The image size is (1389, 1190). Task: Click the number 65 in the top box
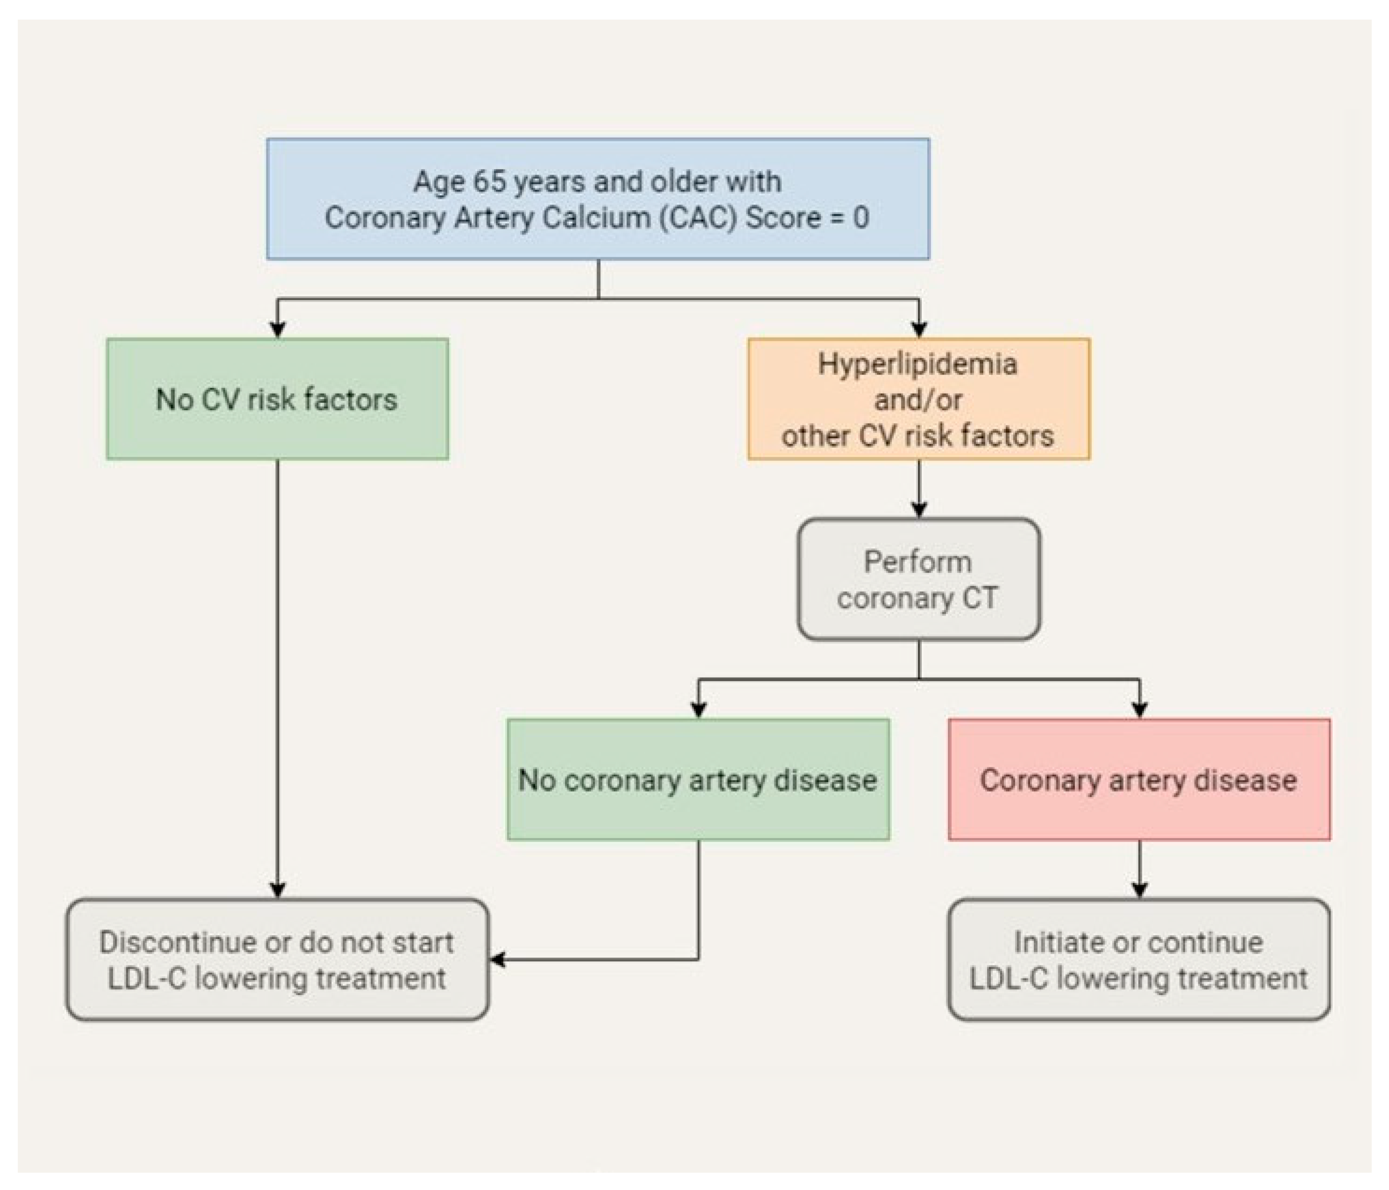[x=489, y=182]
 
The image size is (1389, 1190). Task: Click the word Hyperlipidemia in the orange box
[x=918, y=364]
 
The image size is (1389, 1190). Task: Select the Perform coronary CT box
[x=918, y=580]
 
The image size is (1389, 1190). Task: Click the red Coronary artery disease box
[x=1138, y=779]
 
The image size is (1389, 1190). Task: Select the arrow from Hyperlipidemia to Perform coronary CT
[x=919, y=489]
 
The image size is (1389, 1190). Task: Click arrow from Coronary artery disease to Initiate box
[x=1139, y=870]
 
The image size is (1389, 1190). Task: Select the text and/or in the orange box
[x=918, y=400]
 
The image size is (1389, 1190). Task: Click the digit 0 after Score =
[x=861, y=218]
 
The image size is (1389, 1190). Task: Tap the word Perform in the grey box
[x=918, y=561]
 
